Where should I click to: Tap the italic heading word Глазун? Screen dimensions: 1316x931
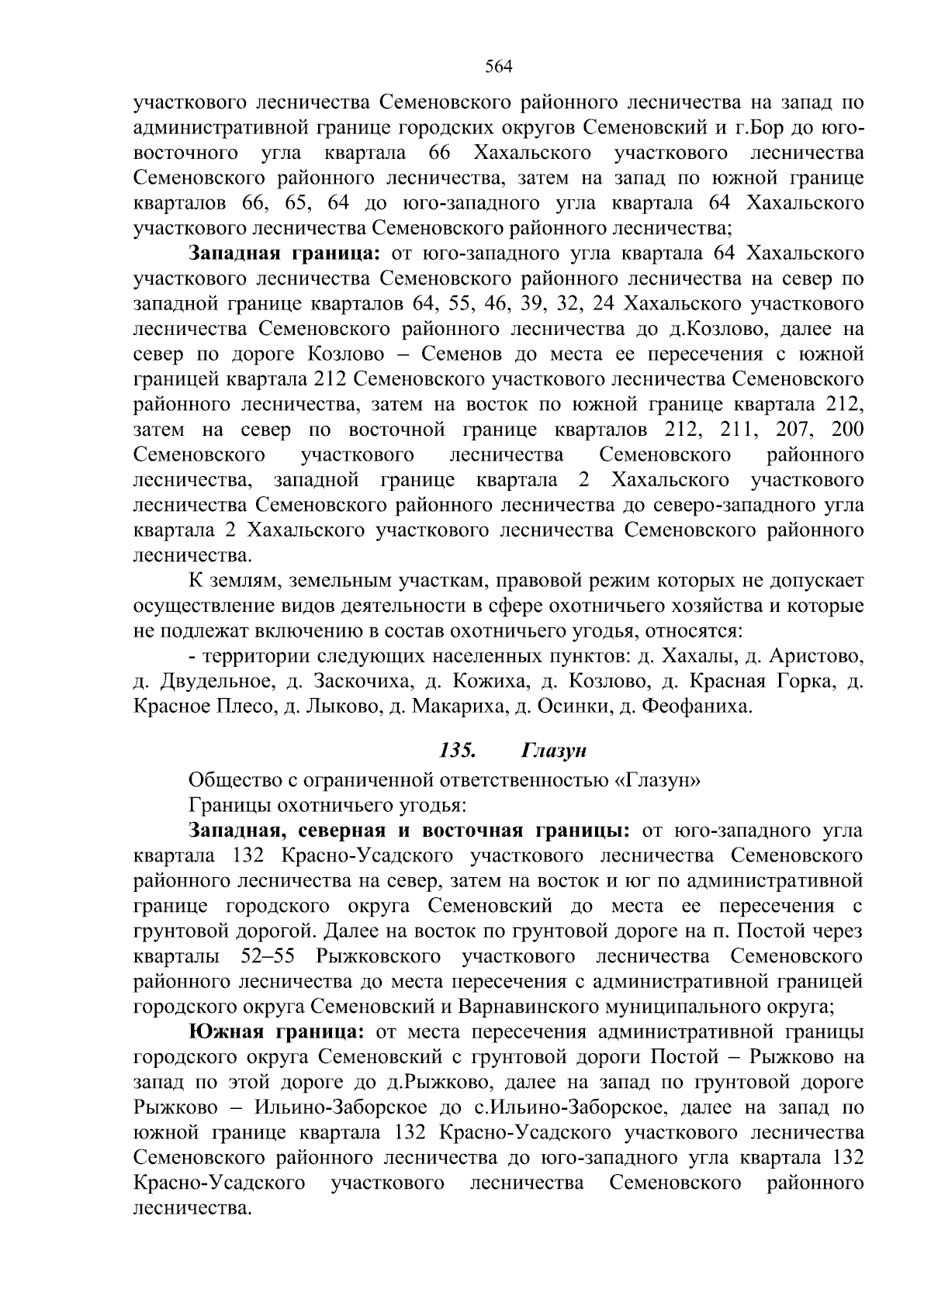[x=554, y=750]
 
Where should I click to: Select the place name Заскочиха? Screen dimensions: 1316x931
[x=364, y=682]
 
